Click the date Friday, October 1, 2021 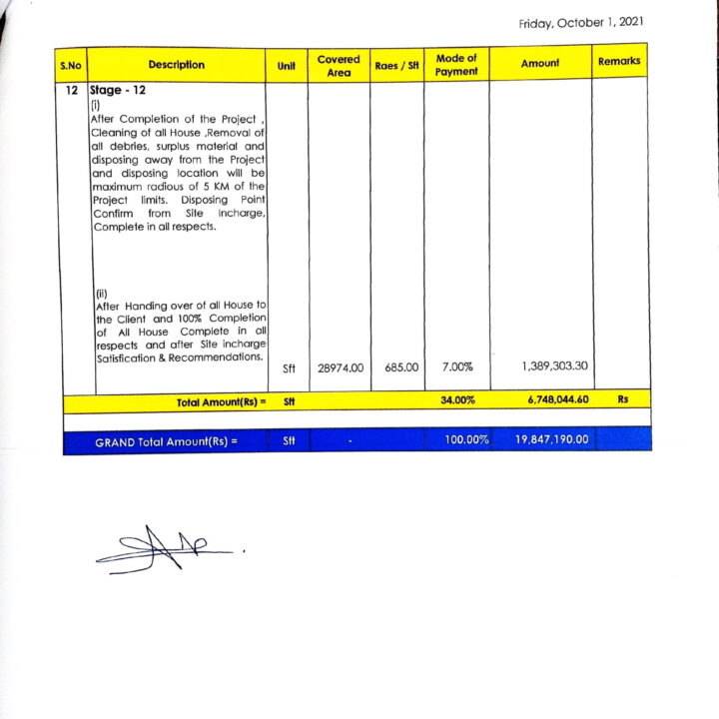(580, 23)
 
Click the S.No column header (70, 65)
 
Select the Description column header (176, 65)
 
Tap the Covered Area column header (339, 66)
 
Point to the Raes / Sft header (396, 66)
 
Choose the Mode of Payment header (456, 65)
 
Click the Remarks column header (619, 62)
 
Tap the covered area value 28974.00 (339, 367)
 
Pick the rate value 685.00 (400, 367)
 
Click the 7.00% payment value (455, 367)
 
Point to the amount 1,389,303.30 (554, 366)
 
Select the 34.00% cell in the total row (456, 400)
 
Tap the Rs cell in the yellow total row (621, 400)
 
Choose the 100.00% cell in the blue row (464, 439)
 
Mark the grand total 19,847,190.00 (552, 439)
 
